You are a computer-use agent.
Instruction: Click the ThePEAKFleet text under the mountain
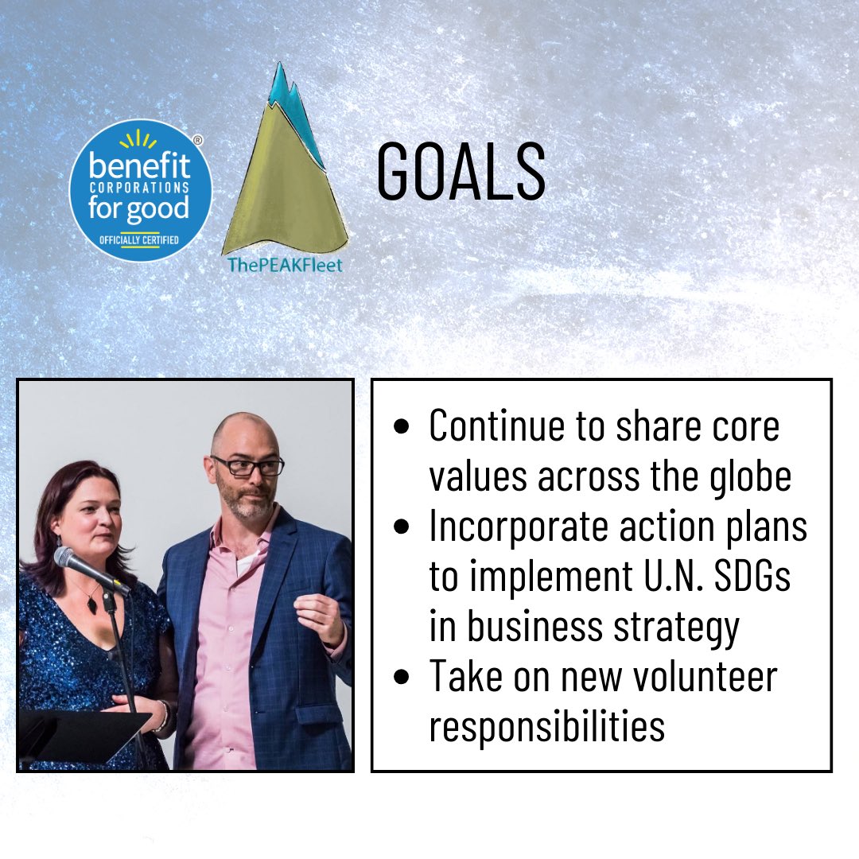click(285, 265)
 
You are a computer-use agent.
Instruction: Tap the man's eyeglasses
click(247, 465)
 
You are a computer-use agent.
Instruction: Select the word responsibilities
click(547, 727)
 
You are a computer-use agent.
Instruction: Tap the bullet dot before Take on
click(402, 678)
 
